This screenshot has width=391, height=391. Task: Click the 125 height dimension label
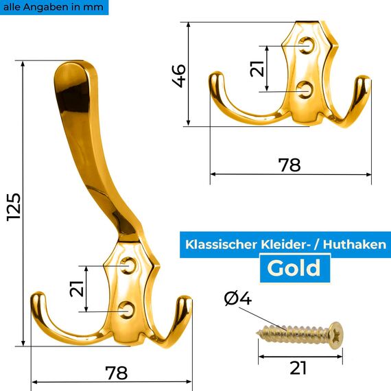click(13, 206)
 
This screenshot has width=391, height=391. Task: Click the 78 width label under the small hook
click(289, 165)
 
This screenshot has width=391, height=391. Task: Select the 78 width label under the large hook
click(116, 372)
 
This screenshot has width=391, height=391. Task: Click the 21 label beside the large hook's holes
click(78, 288)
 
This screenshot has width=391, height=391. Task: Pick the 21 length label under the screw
click(297, 368)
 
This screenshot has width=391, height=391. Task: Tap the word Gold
click(294, 268)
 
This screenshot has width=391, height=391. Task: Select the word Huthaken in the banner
click(356, 244)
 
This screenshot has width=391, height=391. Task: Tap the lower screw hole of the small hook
click(307, 91)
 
